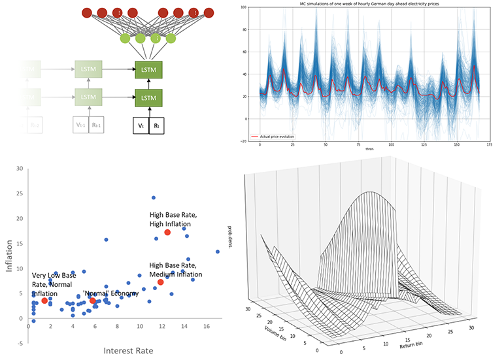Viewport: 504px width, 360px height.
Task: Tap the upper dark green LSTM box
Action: click(149, 69)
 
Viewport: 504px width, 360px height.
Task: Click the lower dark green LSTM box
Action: click(149, 98)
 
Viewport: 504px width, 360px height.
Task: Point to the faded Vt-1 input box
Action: click(80, 125)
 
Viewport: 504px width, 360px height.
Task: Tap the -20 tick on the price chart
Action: click(243, 140)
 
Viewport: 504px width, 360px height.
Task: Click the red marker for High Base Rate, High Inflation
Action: click(167, 233)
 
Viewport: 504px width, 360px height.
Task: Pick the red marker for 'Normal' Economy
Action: click(93, 301)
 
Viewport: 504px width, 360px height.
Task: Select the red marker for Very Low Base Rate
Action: click(44, 301)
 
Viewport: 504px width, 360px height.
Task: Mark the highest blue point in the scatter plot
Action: click(154, 197)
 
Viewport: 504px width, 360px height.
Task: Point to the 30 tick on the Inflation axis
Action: click(20, 169)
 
